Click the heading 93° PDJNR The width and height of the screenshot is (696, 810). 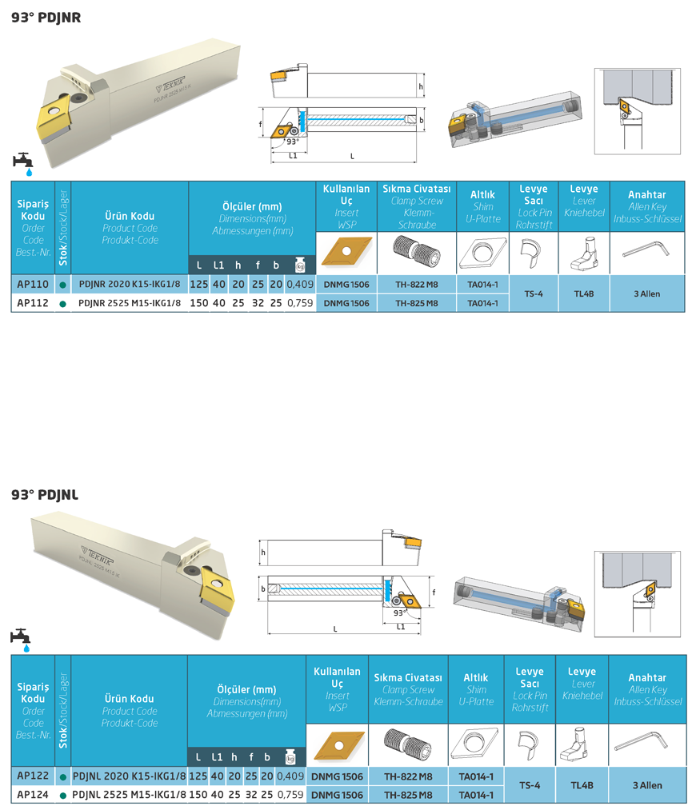[46, 17]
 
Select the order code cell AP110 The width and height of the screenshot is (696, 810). [33, 284]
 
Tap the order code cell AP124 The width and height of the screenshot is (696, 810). [33, 794]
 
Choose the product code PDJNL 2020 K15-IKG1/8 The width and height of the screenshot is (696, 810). [129, 776]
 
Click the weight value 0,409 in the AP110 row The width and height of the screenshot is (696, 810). [300, 284]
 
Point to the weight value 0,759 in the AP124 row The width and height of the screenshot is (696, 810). [290, 794]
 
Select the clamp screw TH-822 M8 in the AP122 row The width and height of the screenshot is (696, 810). [410, 776]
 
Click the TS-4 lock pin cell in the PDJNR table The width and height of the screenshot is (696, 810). [534, 293]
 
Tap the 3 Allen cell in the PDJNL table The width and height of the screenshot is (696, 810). [646, 785]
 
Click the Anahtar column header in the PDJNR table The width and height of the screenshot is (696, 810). [646, 194]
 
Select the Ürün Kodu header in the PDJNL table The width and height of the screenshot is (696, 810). [130, 699]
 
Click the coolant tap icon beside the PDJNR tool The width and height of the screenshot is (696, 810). [23, 162]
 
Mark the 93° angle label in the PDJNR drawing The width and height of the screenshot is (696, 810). [292, 142]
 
